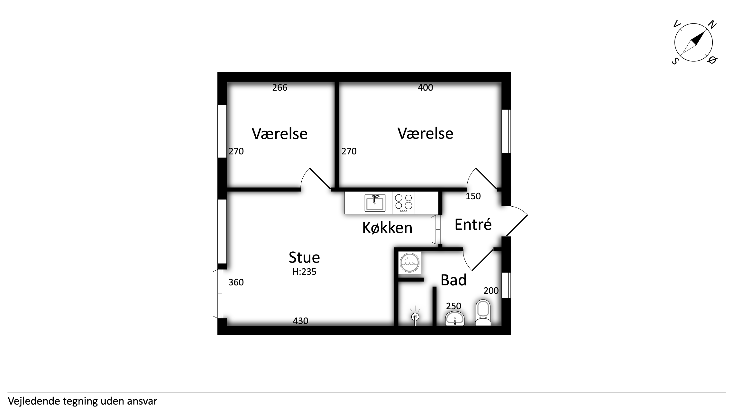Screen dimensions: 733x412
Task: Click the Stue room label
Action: coord(304,257)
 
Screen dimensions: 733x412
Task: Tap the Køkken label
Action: coord(387,228)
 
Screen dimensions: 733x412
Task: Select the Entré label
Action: coord(473,224)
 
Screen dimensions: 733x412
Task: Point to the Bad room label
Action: coord(454,280)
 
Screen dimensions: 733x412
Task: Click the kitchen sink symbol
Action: coord(375,202)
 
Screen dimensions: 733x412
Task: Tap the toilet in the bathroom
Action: coord(483,313)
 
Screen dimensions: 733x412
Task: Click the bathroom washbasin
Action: coord(455,318)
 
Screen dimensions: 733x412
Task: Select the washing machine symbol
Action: coord(409,263)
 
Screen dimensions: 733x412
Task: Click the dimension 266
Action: coord(280,87)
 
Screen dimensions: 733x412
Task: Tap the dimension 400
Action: coord(426,87)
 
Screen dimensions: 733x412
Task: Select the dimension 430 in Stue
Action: coord(301,321)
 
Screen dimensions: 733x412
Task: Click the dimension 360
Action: coord(236,282)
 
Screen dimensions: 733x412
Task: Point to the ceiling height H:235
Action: coord(304,272)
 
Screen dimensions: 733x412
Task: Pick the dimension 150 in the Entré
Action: coord(473,196)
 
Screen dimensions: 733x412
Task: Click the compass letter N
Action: coord(712,25)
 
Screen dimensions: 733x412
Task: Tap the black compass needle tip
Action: coord(705,31)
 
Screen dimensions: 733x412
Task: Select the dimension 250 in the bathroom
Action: coord(454,306)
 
